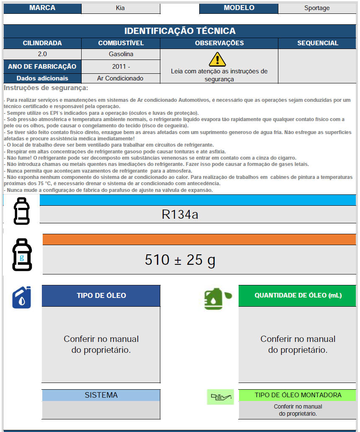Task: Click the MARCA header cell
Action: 42,8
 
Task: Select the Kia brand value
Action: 120,8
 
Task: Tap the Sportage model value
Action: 317,8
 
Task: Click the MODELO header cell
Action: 239,8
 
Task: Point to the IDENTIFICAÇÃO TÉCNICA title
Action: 180,31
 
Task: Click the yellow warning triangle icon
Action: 217,59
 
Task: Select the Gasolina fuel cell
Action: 121,54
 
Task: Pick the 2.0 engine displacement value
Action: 42,54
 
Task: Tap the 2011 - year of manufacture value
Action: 121,66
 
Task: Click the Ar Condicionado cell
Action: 120,78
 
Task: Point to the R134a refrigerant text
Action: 180,215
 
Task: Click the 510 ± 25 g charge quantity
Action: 180,260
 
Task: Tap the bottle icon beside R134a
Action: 22,211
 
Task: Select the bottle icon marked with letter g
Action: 22,255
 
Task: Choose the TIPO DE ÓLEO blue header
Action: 101,295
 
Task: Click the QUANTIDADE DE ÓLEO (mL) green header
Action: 298,295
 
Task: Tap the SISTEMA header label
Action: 101,395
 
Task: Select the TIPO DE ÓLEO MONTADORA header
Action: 298,395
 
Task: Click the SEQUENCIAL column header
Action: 317,43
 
